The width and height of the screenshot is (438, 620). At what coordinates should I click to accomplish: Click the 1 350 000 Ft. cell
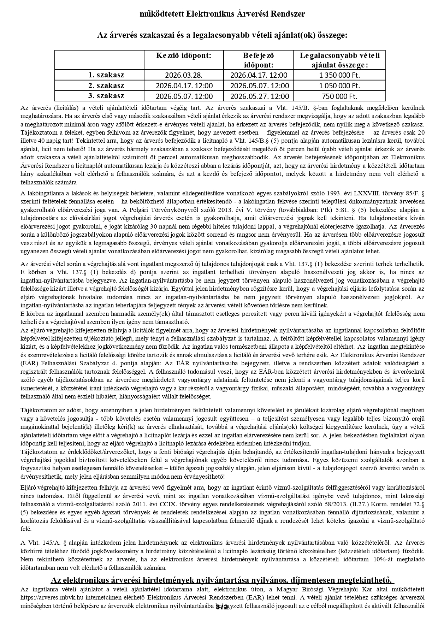(x=339, y=75)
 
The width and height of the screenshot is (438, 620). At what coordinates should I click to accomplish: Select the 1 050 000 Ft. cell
(x=339, y=86)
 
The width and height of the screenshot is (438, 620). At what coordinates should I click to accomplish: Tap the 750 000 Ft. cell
(x=339, y=96)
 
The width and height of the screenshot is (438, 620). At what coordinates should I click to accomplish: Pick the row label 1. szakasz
(x=106, y=75)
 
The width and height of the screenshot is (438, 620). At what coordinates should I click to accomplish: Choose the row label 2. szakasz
(x=106, y=85)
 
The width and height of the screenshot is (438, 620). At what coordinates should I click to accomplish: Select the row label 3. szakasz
(x=106, y=96)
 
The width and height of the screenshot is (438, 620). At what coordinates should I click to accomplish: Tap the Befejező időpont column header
(x=259, y=60)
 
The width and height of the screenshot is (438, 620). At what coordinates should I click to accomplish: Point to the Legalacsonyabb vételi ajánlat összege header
(x=339, y=60)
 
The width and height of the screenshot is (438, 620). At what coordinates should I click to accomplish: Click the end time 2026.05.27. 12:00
(x=259, y=96)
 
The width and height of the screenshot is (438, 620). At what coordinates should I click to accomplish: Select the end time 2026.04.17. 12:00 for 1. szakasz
(x=259, y=75)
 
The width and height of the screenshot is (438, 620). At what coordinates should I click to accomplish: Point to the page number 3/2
(x=222, y=607)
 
